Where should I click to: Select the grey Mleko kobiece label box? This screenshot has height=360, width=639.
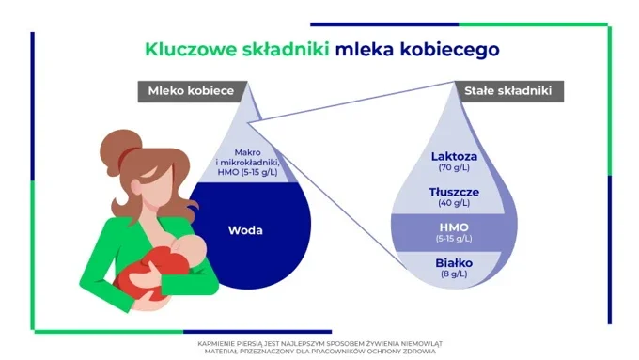point(193,90)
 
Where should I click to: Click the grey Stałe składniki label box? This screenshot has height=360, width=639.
point(507,90)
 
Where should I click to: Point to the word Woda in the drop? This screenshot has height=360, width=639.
point(246,228)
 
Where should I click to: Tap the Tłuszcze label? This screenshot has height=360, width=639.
point(455,191)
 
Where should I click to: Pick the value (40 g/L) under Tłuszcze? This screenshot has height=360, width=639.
point(455,203)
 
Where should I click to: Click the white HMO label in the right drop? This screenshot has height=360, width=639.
point(455,227)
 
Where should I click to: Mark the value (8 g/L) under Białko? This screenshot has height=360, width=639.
point(455,274)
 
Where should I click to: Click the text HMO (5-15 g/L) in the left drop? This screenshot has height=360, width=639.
point(247,171)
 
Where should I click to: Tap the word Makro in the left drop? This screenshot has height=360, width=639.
point(247,151)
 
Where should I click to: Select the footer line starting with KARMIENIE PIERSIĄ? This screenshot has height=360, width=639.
point(319,343)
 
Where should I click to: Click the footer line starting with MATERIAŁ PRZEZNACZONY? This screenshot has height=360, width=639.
point(319,351)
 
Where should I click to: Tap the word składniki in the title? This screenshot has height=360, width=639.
point(280,47)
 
